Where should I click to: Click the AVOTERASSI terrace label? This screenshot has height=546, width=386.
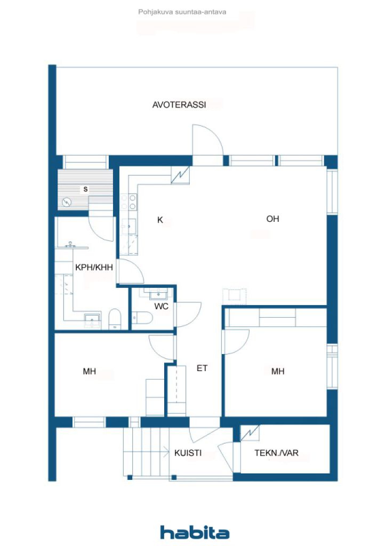pos(179,105)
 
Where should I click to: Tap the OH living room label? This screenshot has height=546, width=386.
pos(272,219)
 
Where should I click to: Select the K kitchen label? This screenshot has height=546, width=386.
pos(159,219)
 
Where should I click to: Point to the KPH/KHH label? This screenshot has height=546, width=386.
pos(94,267)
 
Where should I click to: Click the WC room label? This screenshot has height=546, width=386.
pos(162,307)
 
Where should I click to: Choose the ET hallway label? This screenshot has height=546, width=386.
pos(202,368)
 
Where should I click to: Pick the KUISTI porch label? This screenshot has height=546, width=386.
pos(188,453)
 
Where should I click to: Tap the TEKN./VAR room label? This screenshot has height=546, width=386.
pos(276,453)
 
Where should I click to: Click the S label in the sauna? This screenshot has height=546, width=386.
pos(85,189)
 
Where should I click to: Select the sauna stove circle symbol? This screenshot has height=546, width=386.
pos(67,202)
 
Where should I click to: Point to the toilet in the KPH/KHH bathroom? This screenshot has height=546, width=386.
pos(115,320)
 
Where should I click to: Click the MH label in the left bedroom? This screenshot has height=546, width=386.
pos(89,372)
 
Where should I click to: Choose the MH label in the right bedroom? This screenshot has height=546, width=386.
pos(277,372)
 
